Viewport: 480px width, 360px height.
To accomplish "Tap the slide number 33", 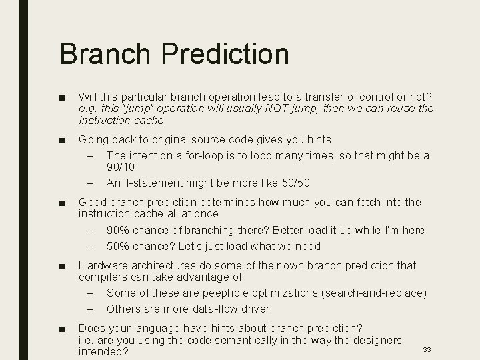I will click(x=427, y=349).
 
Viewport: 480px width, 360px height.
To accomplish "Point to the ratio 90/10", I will click(x=121, y=167).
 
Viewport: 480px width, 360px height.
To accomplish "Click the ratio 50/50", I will click(x=293, y=183).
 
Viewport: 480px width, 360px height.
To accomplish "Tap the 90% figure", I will click(x=118, y=230).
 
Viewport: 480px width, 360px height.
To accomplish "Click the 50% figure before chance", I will click(x=118, y=246).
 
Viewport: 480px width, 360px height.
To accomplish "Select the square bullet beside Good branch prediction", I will click(x=61, y=203).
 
